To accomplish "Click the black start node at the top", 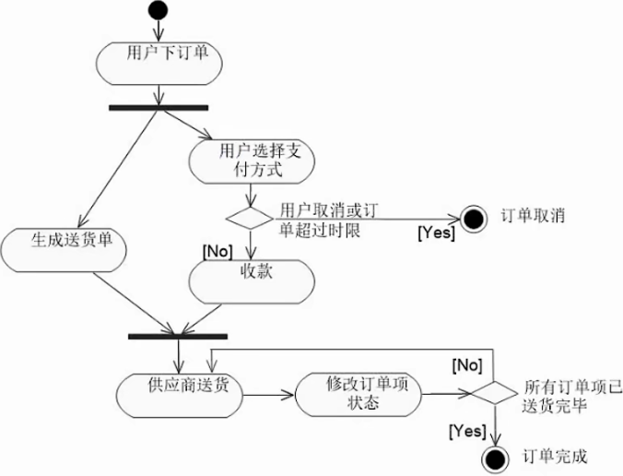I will click(x=158, y=12).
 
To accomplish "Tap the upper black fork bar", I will click(x=158, y=107).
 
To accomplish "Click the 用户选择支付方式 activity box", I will click(x=249, y=160).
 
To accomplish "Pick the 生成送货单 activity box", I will click(x=64, y=244).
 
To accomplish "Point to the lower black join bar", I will click(x=179, y=336).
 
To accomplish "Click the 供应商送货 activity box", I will click(x=179, y=394).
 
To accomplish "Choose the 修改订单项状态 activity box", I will click(x=359, y=394).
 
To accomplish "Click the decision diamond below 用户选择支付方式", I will click(x=249, y=219).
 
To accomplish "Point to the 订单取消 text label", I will click(x=532, y=216).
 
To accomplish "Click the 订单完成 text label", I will click(x=554, y=456).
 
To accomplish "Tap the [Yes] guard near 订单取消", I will click(x=436, y=233).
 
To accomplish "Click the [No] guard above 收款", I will click(x=216, y=250).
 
